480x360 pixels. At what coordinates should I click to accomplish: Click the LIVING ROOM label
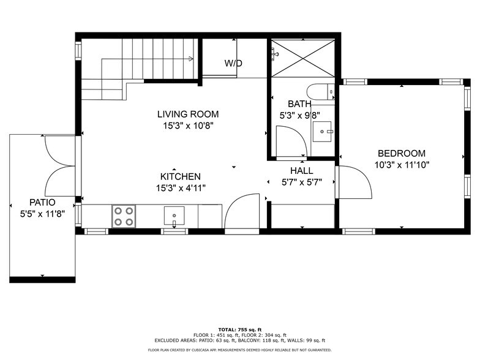(x=187, y=114)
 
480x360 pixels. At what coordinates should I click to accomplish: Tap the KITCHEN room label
(x=180, y=176)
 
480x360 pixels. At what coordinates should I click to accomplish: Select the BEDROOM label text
(x=401, y=154)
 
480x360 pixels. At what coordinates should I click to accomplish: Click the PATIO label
(x=42, y=202)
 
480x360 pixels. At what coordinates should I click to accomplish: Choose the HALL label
(x=301, y=171)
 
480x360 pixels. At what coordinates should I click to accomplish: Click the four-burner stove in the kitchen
(x=123, y=216)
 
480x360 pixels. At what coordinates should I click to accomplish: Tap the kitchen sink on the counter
(x=174, y=216)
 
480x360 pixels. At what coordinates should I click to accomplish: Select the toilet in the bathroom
(x=320, y=92)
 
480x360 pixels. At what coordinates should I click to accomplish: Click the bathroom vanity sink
(x=322, y=130)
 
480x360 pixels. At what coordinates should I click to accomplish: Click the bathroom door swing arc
(x=291, y=141)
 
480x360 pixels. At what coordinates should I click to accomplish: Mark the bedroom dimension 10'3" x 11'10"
(x=402, y=165)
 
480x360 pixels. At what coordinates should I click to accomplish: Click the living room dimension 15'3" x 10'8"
(x=187, y=126)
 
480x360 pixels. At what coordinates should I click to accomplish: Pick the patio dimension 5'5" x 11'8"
(x=42, y=214)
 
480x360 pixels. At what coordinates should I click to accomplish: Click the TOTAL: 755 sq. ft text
(x=239, y=329)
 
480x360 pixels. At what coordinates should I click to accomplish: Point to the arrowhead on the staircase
(x=192, y=59)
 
